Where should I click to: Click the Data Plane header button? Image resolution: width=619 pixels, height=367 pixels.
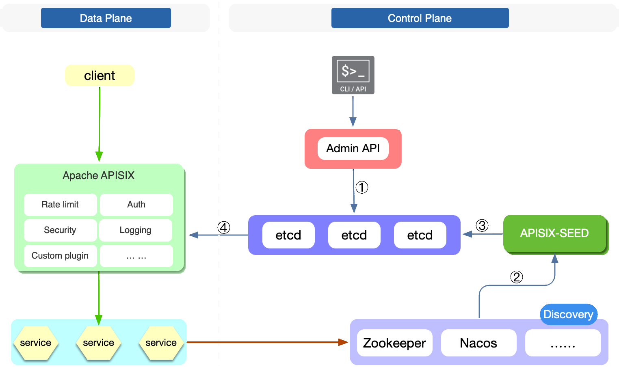click(106, 18)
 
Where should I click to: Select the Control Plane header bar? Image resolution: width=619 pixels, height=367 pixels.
click(420, 18)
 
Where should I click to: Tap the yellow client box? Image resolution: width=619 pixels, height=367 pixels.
click(100, 76)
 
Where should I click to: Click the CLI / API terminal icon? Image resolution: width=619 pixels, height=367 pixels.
click(353, 75)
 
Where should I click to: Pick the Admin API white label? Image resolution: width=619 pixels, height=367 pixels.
click(353, 148)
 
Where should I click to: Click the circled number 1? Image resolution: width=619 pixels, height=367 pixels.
click(361, 187)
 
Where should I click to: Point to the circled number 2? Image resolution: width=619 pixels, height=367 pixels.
click(516, 277)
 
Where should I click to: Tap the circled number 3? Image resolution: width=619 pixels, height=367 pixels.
click(482, 225)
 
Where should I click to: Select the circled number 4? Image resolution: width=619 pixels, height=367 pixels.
click(223, 227)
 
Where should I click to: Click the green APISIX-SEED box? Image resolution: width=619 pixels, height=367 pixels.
click(554, 233)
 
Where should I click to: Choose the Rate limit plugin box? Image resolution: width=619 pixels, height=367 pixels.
click(60, 204)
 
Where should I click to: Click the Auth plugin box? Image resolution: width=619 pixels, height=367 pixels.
click(136, 204)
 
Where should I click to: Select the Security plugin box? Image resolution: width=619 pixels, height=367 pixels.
click(60, 230)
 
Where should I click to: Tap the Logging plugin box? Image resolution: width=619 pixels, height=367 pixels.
click(135, 230)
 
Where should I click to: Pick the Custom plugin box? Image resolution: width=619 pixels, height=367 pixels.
click(60, 256)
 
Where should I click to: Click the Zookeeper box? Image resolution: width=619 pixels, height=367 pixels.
click(394, 343)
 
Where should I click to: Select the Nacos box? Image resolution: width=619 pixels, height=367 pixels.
click(478, 343)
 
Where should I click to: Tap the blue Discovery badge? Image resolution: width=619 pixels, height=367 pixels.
click(568, 314)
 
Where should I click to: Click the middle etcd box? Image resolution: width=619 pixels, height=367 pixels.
click(354, 235)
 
